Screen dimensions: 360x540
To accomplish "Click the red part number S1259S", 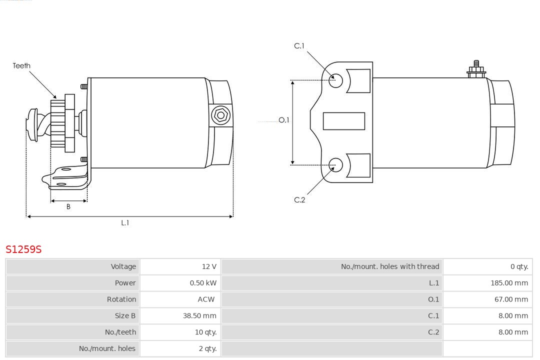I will click(23, 249).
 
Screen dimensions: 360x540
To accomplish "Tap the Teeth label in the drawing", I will click(21, 65).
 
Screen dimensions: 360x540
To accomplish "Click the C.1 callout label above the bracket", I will click(299, 46).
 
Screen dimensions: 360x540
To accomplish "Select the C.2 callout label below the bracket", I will click(299, 200).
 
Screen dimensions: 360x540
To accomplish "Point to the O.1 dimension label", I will click(284, 120).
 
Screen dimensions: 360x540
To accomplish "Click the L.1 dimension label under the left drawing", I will click(125, 223).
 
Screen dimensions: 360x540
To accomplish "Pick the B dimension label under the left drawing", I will click(68, 206).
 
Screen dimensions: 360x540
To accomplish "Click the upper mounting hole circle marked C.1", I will click(336, 80).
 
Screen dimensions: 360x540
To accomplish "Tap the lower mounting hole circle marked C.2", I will click(336, 164).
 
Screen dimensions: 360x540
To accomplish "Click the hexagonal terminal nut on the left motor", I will click(220, 115).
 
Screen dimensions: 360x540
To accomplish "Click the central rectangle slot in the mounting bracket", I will click(344, 121).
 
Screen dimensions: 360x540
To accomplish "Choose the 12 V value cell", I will click(209, 266).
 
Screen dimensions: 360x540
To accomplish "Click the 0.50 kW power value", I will click(203, 283).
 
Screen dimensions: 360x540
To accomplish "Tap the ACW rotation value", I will click(206, 299).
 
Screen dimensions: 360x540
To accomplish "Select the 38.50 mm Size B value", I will click(199, 315).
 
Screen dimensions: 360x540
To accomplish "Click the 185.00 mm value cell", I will click(509, 283).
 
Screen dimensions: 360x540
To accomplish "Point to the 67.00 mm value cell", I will click(511, 299).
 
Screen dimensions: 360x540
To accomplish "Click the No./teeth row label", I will click(120, 332).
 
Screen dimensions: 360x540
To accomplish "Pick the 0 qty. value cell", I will click(519, 266).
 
